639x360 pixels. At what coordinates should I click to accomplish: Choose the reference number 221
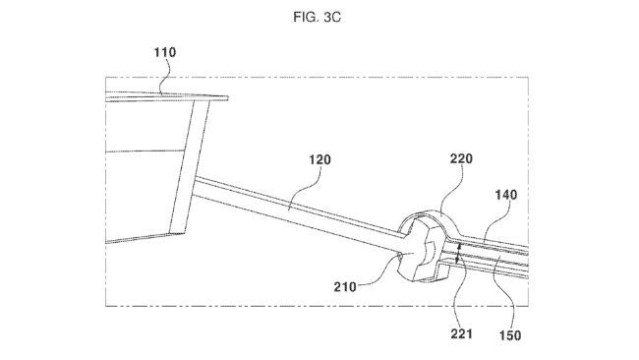pyautogui.click(x=461, y=335)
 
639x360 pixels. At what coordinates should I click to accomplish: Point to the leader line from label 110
pyautogui.click(x=170, y=75)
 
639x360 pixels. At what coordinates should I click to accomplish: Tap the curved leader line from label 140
pyautogui.click(x=494, y=221)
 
